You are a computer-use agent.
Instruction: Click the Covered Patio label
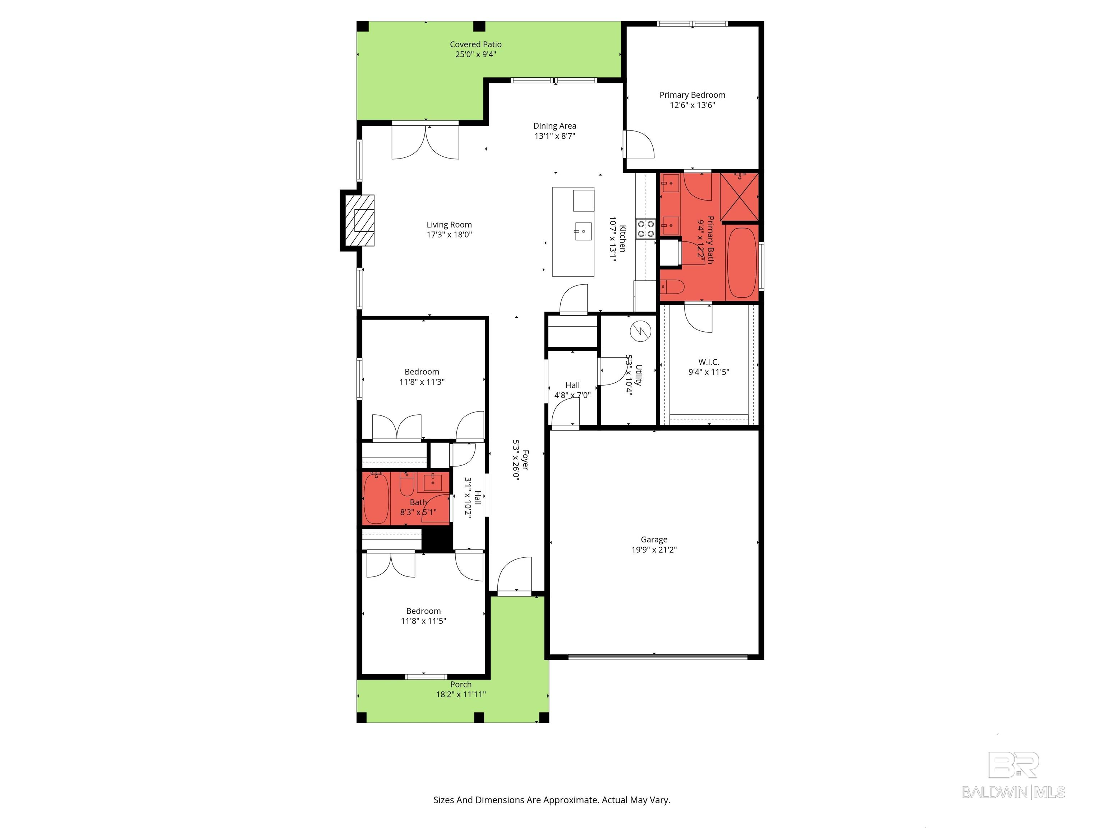(x=476, y=45)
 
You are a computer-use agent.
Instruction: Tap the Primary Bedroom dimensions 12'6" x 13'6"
(x=692, y=105)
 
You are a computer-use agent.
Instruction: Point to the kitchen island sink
(x=583, y=231)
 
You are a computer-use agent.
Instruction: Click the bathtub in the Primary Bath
(x=742, y=263)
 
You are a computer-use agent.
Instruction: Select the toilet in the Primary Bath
(x=673, y=287)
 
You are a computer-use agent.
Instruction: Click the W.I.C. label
(x=709, y=362)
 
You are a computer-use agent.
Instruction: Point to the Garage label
(x=654, y=539)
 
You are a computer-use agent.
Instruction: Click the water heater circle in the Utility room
(x=641, y=331)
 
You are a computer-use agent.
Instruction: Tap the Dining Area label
(x=555, y=126)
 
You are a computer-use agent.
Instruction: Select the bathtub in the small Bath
(x=376, y=498)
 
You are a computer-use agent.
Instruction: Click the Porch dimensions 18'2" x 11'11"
(x=461, y=694)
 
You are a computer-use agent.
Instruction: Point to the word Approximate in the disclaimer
(x=570, y=800)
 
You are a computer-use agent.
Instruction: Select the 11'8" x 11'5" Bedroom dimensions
(x=423, y=621)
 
